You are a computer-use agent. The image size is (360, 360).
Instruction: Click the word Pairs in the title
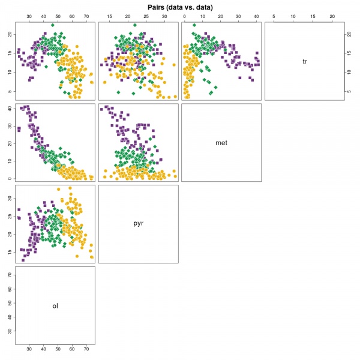[157, 7]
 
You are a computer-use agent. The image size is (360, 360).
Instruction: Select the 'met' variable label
[221, 143]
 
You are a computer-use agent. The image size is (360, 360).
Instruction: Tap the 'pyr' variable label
[138, 223]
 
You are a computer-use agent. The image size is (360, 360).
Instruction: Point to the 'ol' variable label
[55, 305]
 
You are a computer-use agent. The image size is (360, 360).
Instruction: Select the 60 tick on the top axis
[71, 16]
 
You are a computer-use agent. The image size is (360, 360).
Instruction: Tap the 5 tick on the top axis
[274, 16]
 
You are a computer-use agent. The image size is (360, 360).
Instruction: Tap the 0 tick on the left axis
[8, 178]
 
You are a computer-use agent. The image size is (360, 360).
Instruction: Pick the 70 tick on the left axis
[8, 274]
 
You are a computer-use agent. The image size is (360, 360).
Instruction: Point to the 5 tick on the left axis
[8, 91]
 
